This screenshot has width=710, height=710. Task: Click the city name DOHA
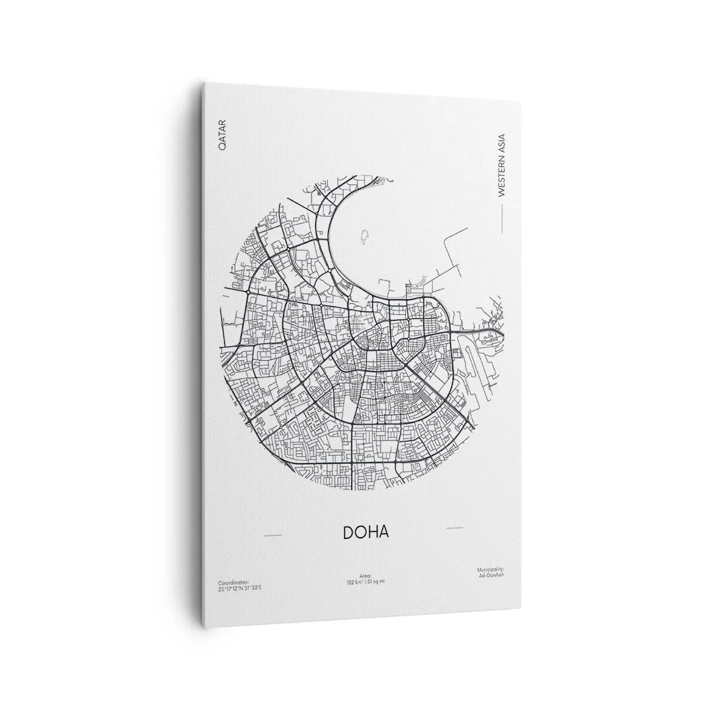[x=366, y=532]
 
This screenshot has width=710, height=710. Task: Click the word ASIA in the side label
[x=502, y=138]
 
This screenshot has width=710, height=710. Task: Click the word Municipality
[x=490, y=569]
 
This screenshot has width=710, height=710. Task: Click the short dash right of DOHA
[x=454, y=527]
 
